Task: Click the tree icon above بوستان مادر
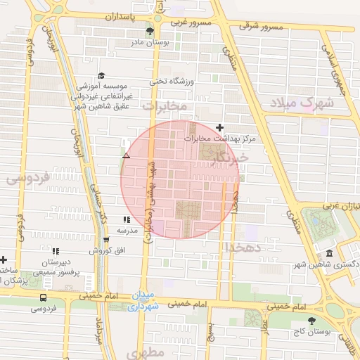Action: click(149, 32)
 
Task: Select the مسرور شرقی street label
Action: click(261, 26)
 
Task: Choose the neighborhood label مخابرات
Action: click(165, 105)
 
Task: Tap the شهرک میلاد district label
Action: click(307, 103)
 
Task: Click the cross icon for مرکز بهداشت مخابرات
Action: click(220, 128)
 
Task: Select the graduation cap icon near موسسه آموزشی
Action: click(101, 76)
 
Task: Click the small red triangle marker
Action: click(126, 155)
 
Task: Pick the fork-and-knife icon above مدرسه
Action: click(127, 220)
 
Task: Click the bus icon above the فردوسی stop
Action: click(44, 297)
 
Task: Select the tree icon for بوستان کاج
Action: click(311, 321)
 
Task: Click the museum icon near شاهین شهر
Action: click(329, 254)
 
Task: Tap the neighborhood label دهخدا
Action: click(243, 247)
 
